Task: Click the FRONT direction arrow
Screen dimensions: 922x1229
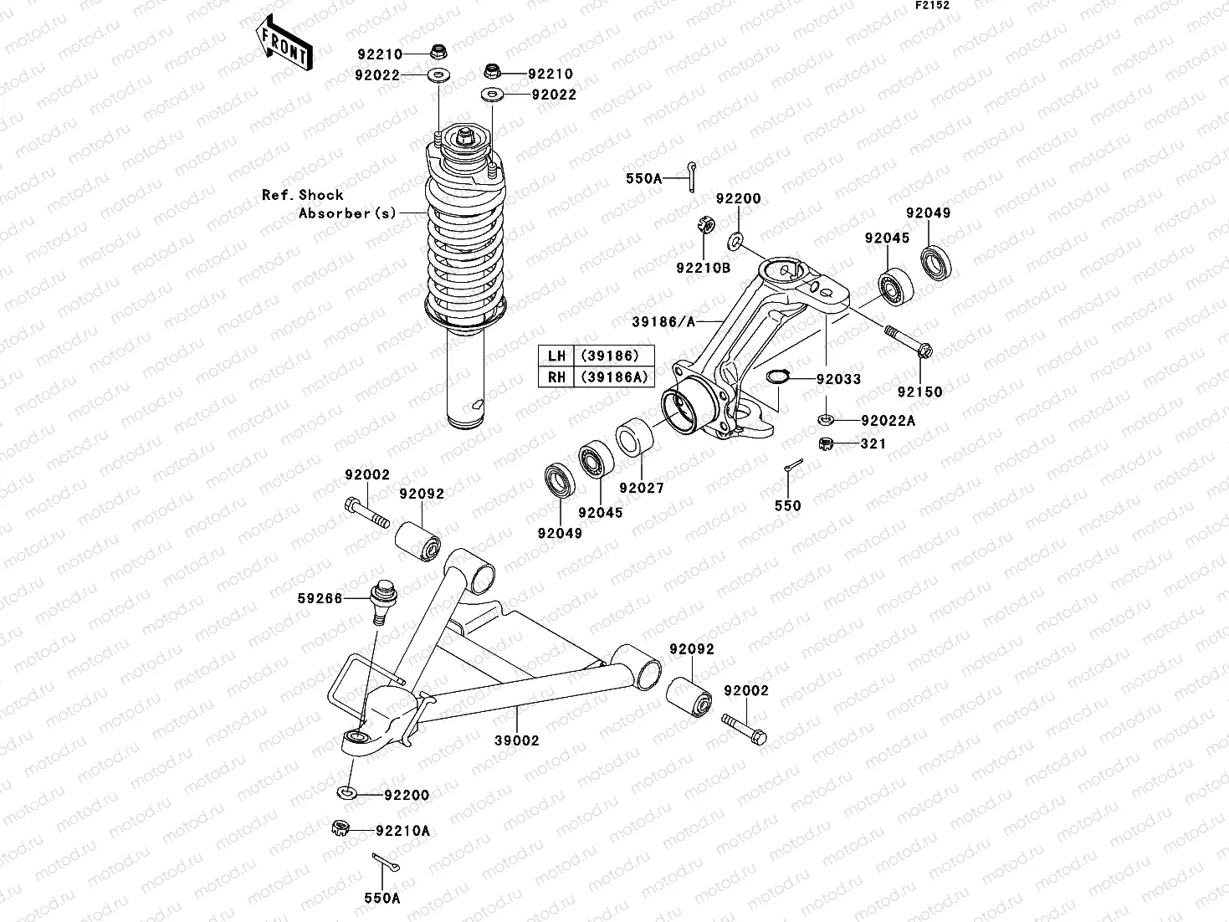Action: tap(285, 45)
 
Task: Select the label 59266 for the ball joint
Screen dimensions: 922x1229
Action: tap(320, 598)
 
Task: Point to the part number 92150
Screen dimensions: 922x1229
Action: tap(920, 392)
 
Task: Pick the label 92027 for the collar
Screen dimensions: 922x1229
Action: tap(642, 488)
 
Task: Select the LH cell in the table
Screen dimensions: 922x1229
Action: tap(557, 356)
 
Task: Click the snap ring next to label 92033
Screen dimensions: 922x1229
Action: tap(778, 376)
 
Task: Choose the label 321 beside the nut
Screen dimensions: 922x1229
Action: tap(873, 443)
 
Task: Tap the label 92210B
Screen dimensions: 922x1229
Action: tap(704, 268)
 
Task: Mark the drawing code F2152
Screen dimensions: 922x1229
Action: tap(932, 5)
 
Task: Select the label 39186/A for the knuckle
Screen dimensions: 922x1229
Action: tap(663, 320)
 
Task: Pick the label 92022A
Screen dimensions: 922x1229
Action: tap(888, 421)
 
